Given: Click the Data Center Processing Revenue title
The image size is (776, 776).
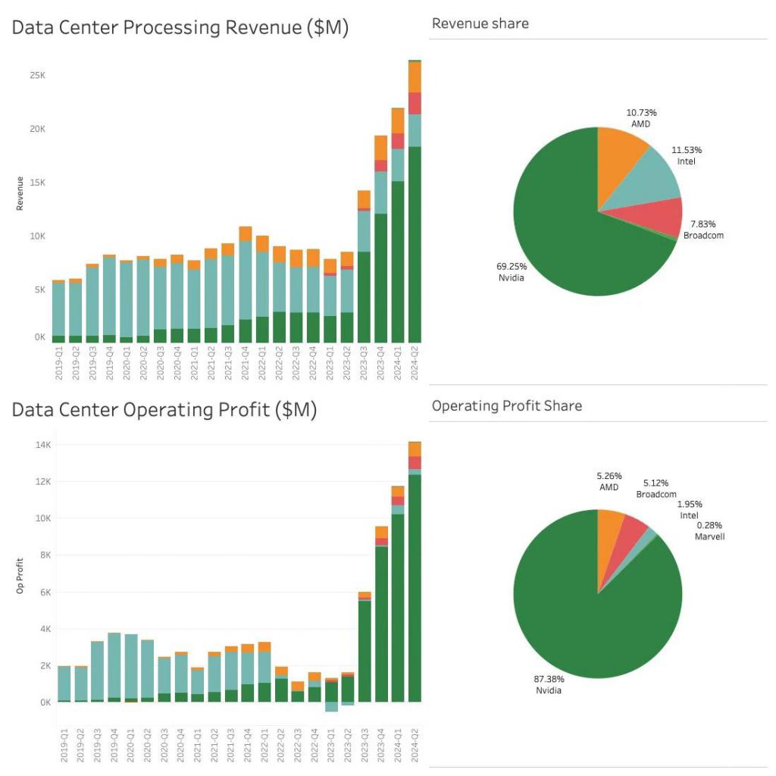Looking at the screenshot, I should pos(180,29).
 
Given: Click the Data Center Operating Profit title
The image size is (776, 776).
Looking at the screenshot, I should pos(164,411).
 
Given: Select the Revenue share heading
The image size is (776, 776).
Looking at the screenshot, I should pos(480,23).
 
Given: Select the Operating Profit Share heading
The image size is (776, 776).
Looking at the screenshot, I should pos(507,405).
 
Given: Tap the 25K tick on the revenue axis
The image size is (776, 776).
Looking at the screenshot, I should pos(37,76).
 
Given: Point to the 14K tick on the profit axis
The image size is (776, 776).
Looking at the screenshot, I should pos(40,445).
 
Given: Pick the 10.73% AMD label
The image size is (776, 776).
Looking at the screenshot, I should pos(640,117).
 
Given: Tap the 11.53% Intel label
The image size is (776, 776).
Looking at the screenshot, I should pos(686,155).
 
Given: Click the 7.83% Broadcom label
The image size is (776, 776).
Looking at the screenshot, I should pos(703,229).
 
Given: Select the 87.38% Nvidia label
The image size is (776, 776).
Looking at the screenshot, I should pos(549,684).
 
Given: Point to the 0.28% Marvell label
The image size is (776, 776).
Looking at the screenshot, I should pos(709,530).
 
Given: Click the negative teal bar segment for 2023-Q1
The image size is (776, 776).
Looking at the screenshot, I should pos(331,707).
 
